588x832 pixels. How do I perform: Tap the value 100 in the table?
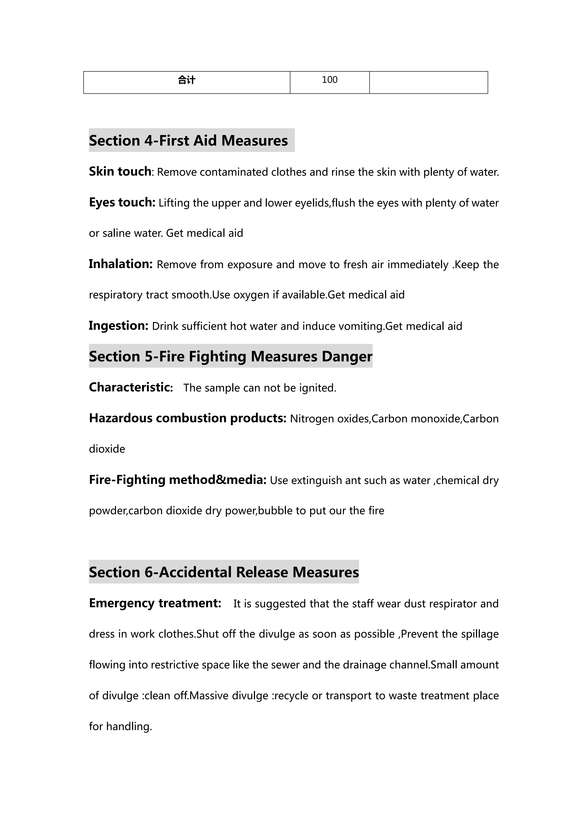[x=329, y=80]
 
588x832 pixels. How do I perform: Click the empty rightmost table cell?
[x=428, y=83]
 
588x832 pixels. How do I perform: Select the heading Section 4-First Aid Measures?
[x=188, y=141]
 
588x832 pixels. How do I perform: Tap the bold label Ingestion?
[x=118, y=326]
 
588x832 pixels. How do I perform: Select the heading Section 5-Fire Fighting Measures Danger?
[x=231, y=357]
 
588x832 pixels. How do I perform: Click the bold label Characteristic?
[x=131, y=387]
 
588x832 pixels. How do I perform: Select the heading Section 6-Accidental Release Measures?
[x=224, y=572]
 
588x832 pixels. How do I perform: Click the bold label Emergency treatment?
[x=155, y=603]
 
